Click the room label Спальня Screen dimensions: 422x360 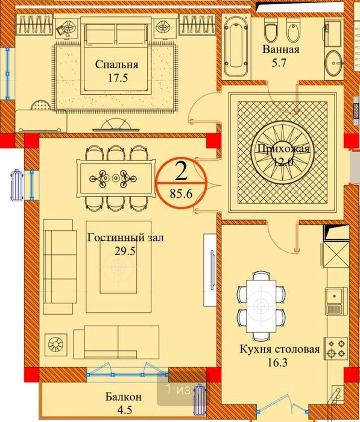click(117, 65)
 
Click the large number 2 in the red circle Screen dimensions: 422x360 click(180, 171)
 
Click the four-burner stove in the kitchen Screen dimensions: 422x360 click(336, 348)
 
